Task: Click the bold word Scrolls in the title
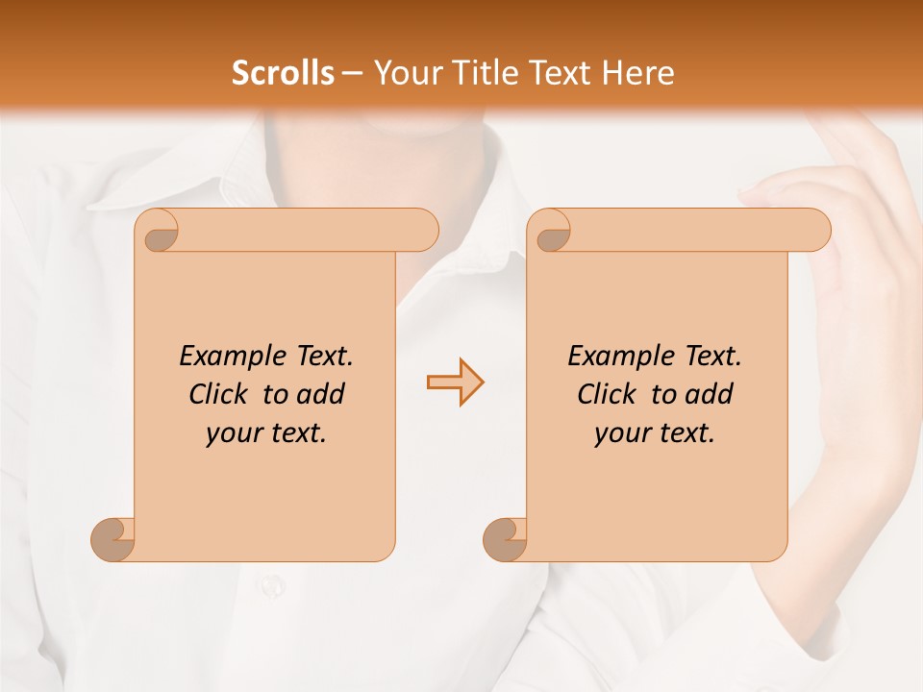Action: tap(283, 72)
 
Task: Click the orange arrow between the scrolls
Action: tap(455, 382)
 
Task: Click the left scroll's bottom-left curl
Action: tap(112, 538)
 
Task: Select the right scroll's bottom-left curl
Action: tap(505, 538)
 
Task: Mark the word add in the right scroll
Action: tap(710, 394)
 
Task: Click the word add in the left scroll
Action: tap(321, 394)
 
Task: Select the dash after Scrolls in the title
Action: tap(352, 72)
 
